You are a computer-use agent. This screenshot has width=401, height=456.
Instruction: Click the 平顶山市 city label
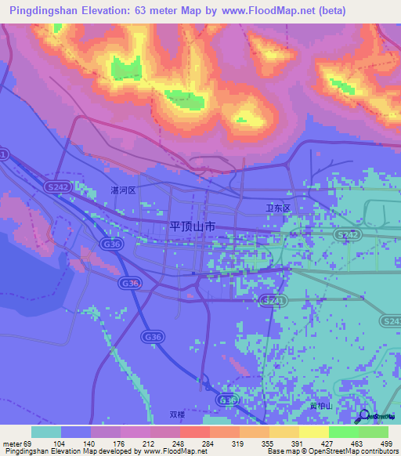193,226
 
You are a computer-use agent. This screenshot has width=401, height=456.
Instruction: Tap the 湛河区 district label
123,190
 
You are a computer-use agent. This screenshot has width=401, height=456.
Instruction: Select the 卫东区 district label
278,208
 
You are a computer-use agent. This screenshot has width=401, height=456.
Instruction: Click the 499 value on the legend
388,443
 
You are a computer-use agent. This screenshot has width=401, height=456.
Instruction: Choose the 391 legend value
298,443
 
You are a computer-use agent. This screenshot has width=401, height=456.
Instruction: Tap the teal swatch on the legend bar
46,432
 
